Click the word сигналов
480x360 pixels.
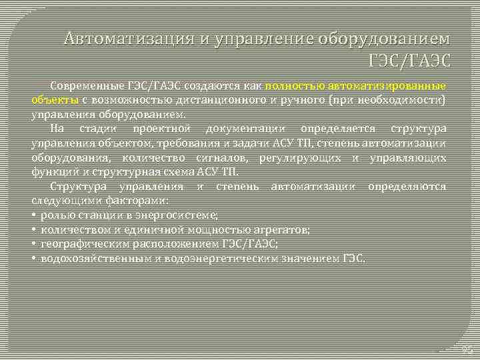pyautogui.click(x=220, y=157)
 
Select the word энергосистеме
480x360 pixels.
pyautogui.click(x=177, y=215)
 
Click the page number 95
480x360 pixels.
pyautogui.click(x=466, y=349)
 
